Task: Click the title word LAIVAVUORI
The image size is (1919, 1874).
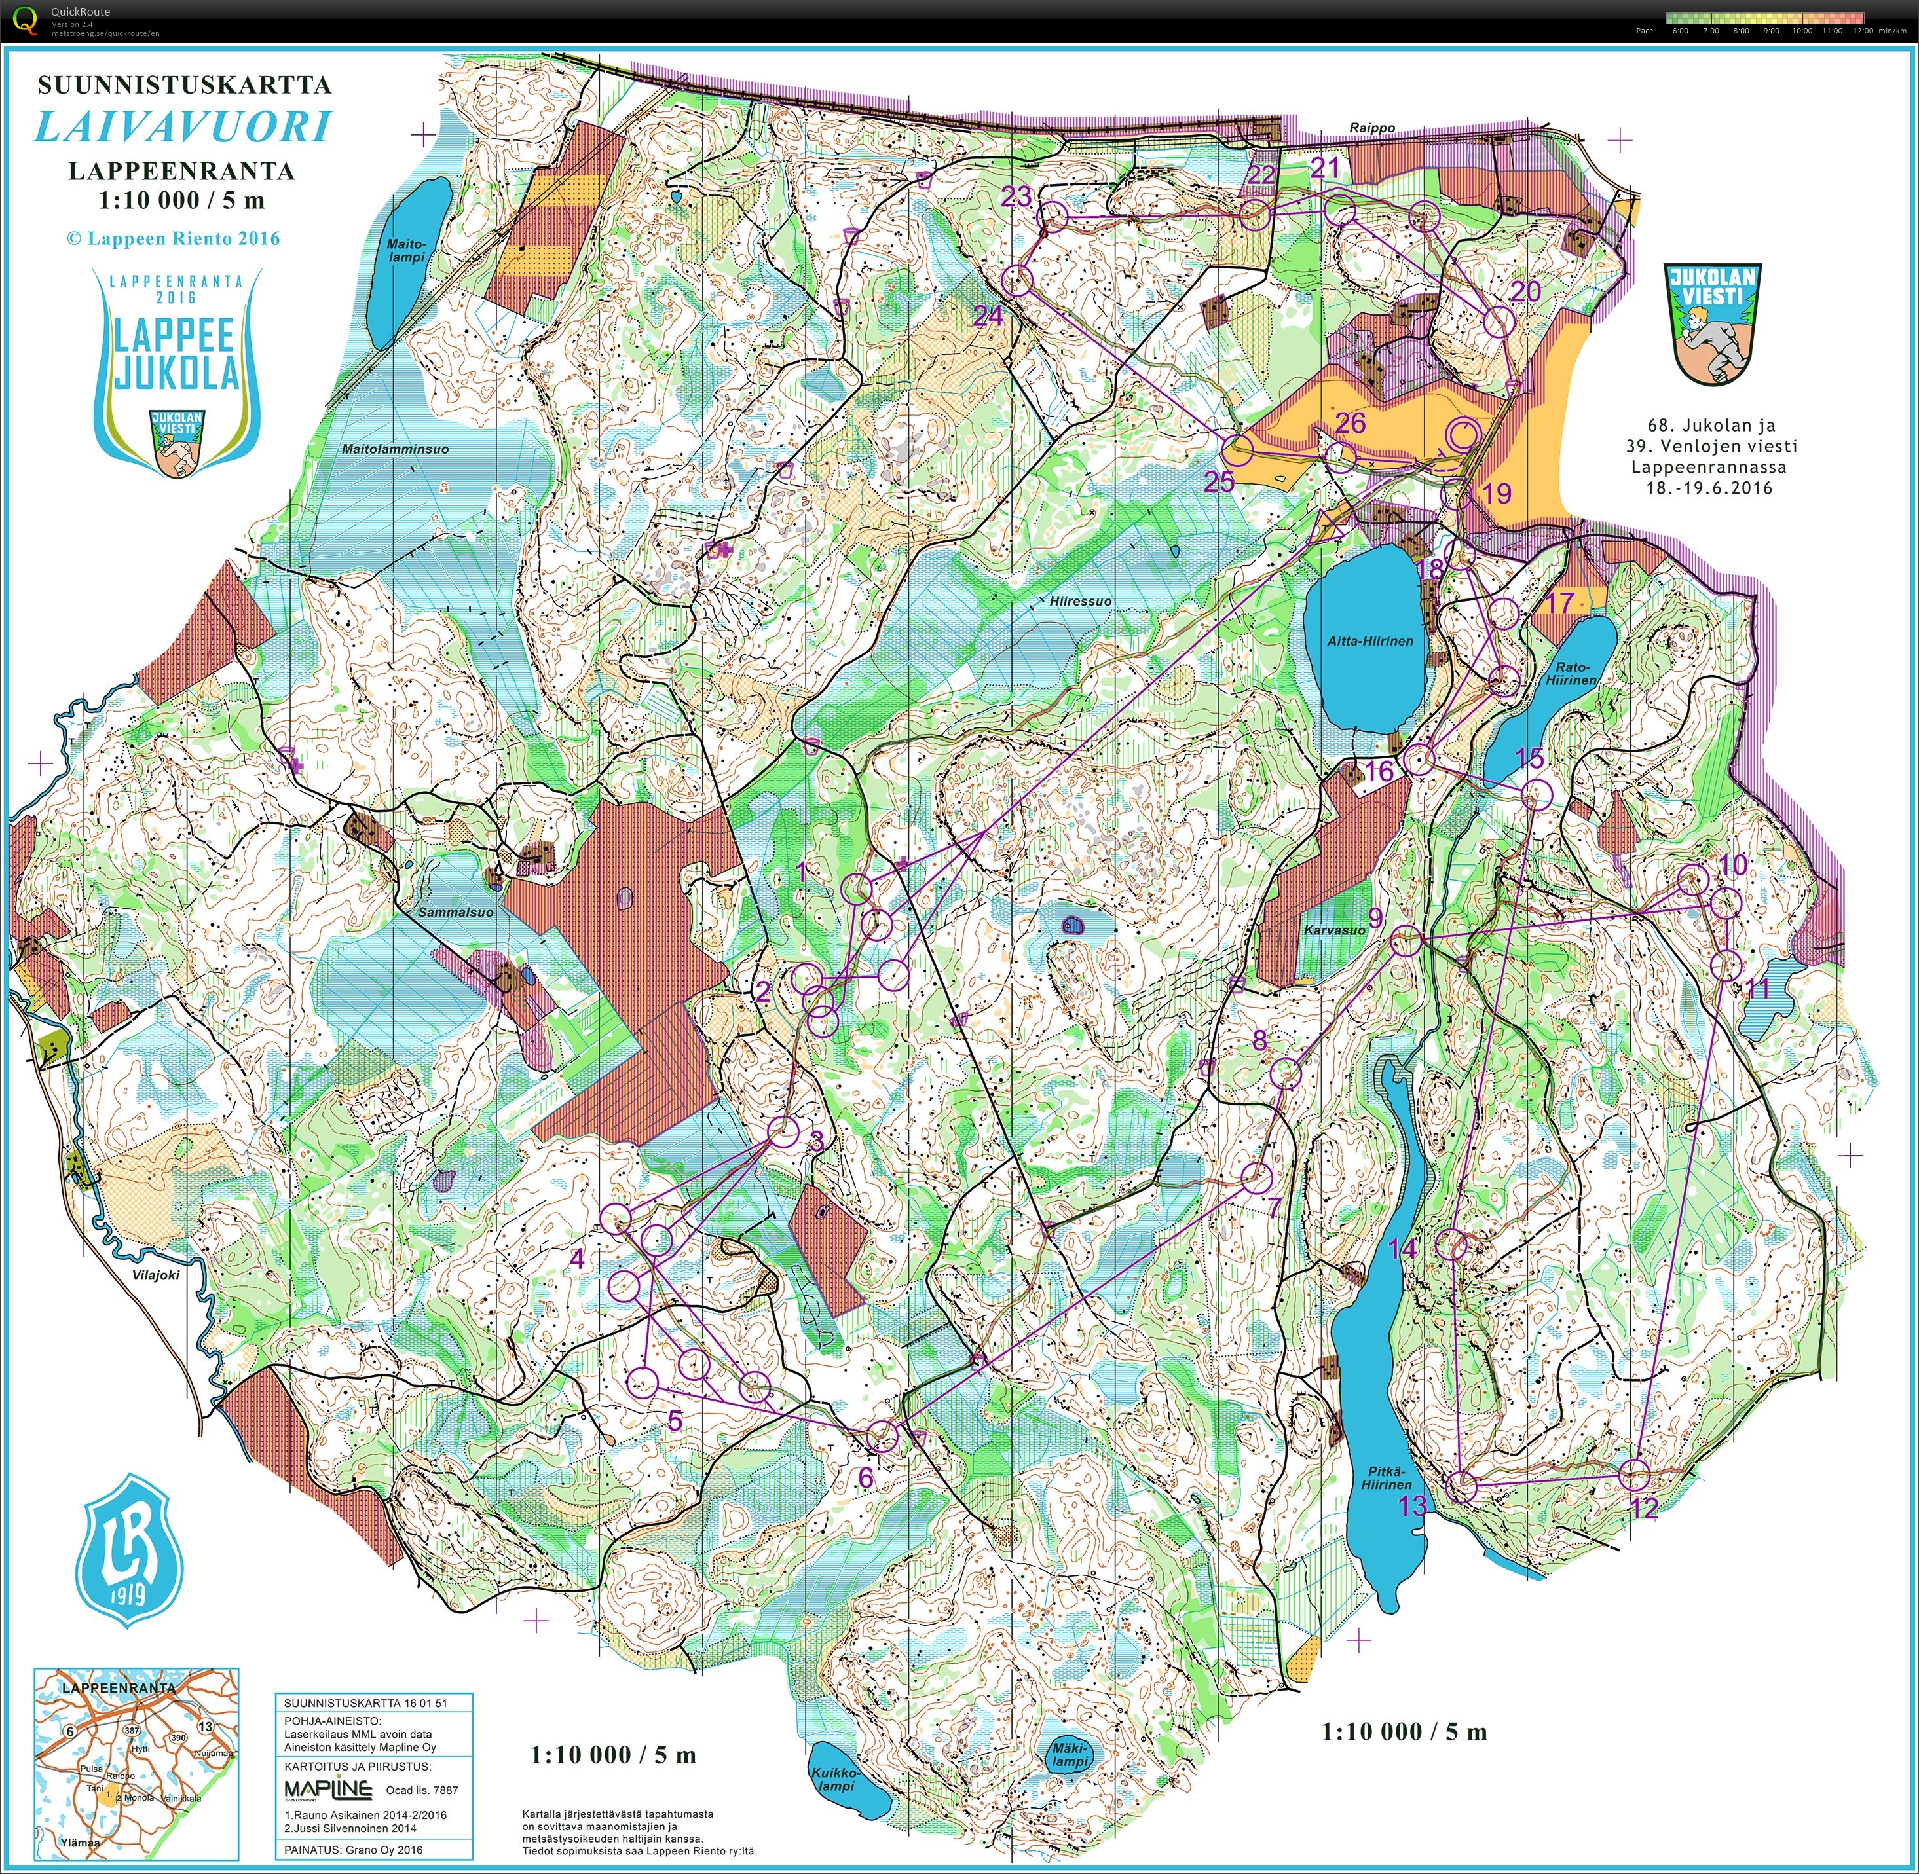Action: pyautogui.click(x=183, y=128)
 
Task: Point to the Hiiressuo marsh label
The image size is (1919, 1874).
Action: pyautogui.click(x=1080, y=600)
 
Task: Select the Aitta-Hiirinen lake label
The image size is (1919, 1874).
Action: pyautogui.click(x=1369, y=641)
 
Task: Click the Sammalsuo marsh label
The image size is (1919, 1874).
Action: pyautogui.click(x=456, y=912)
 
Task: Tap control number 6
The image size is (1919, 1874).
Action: pyautogui.click(x=865, y=1477)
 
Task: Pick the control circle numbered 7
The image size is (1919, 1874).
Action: pyautogui.click(x=1256, y=1177)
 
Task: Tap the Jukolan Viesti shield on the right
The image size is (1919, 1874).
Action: pyautogui.click(x=1712, y=322)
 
